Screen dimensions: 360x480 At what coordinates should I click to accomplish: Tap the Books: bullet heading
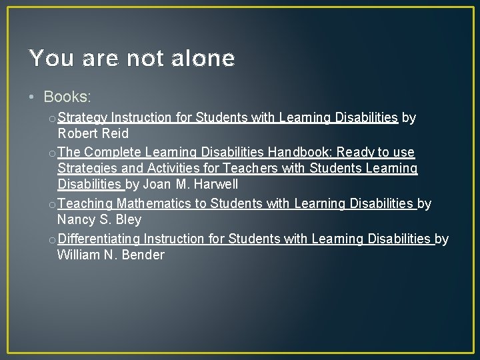pyautogui.click(x=67, y=97)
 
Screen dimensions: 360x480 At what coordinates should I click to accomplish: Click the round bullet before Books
pyautogui.click(x=33, y=97)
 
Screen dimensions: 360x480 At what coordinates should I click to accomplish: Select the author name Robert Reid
pyautogui.click(x=93, y=133)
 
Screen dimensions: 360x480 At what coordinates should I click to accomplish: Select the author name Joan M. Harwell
pyautogui.click(x=191, y=184)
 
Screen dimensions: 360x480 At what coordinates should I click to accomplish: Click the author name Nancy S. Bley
pyautogui.click(x=99, y=219)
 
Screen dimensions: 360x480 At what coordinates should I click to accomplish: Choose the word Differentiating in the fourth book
pyautogui.click(x=99, y=239)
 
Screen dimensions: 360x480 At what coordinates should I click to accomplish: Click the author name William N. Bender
pyautogui.click(x=111, y=255)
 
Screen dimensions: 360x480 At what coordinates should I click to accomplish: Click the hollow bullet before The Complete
pyautogui.click(x=52, y=153)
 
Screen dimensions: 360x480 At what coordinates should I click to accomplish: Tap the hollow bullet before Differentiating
pyautogui.click(x=52, y=239)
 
